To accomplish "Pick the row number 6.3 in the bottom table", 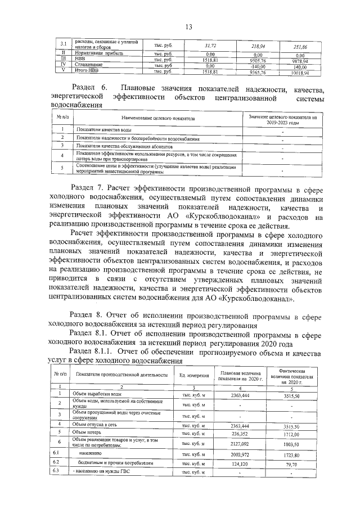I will click(x=56, y=474).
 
